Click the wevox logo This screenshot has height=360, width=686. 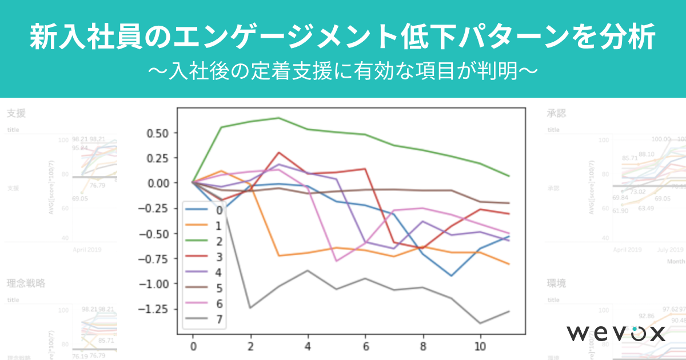click(616, 333)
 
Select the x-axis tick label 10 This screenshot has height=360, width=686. click(480, 346)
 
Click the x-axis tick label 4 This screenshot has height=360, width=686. click(308, 346)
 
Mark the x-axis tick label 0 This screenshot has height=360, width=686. click(193, 346)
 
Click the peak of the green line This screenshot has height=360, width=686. click(278, 118)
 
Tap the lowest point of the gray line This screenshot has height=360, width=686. click(480, 323)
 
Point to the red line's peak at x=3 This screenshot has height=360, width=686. click(278, 153)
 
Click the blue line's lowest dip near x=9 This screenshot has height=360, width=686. click(452, 276)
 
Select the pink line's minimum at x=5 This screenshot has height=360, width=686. click(336, 261)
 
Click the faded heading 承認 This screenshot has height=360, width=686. click(557, 113)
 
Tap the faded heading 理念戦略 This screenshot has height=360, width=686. click(26, 283)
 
